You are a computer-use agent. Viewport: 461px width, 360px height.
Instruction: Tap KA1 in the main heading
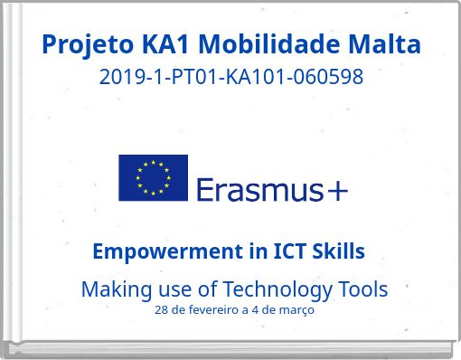pyautogui.click(x=165, y=43)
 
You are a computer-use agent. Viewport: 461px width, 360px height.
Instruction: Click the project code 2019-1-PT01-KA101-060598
pyautogui.click(x=230, y=77)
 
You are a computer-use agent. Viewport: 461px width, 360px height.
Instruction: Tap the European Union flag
pyautogui.click(x=153, y=177)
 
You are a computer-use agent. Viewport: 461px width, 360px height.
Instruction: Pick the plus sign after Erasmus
pyautogui.click(x=338, y=190)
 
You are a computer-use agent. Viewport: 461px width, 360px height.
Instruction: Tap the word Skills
pyautogui.click(x=337, y=251)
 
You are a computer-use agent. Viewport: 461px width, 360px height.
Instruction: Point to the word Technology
pyautogui.click(x=278, y=289)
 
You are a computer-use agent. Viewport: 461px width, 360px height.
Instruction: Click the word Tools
pyautogui.click(x=362, y=289)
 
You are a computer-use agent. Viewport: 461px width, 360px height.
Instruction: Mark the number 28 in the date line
pyautogui.click(x=162, y=310)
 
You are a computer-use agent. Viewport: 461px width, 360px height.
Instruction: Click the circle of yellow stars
pyautogui.click(x=153, y=177)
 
